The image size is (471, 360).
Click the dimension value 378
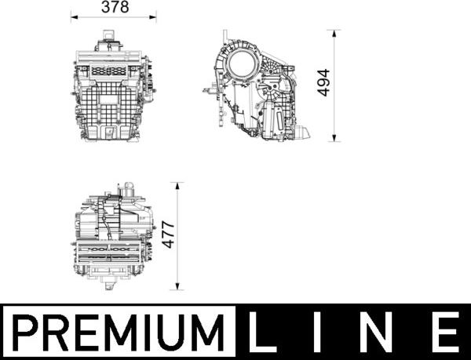point(114,7)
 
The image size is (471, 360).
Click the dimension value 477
point(167,234)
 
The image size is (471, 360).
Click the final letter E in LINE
point(445,333)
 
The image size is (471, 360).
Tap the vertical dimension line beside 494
point(336,110)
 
